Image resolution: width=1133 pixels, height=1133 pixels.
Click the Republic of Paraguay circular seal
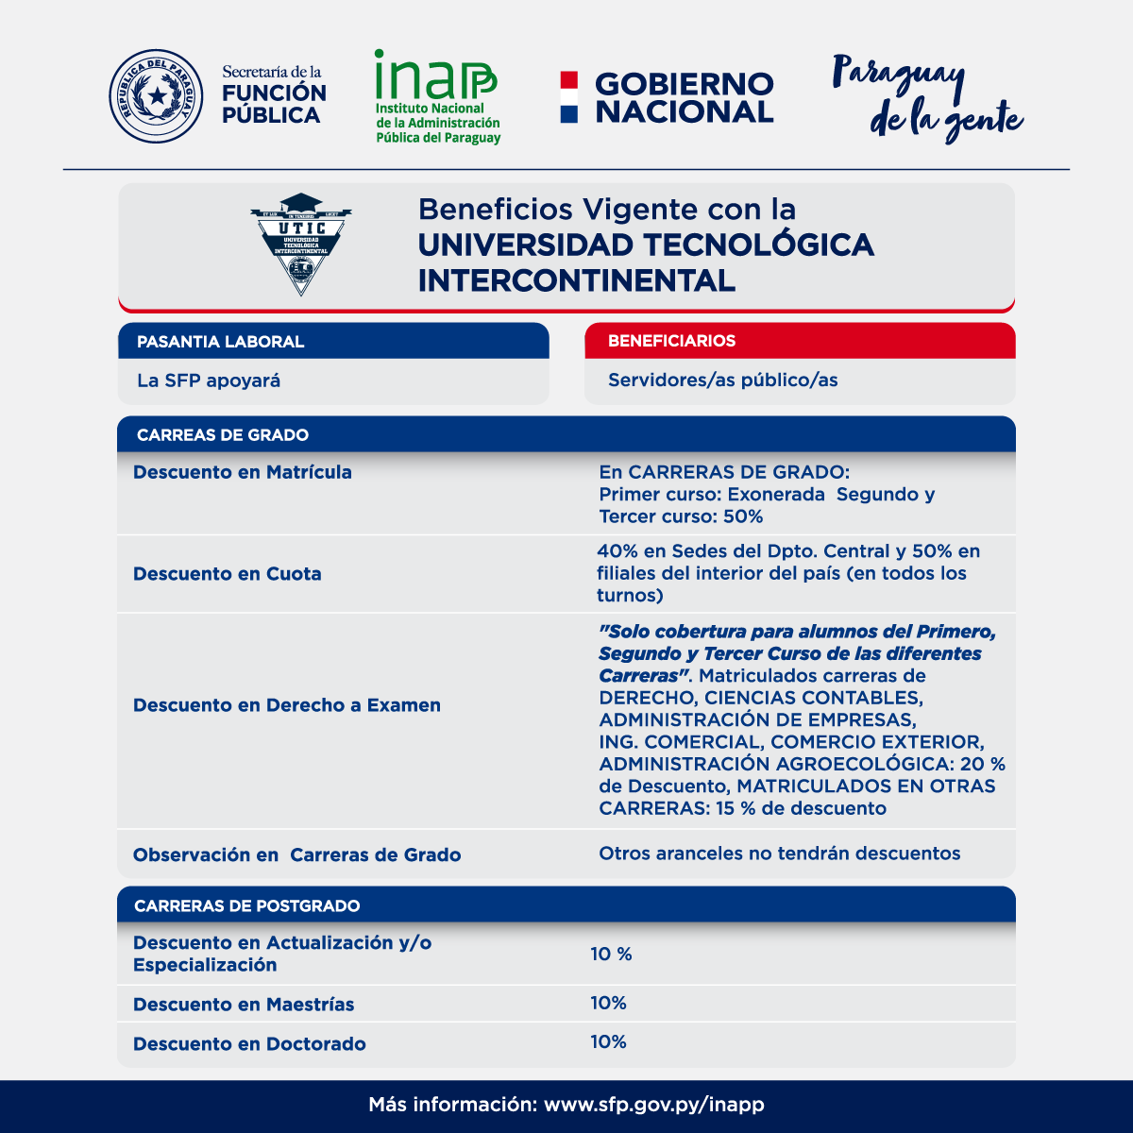coord(156,96)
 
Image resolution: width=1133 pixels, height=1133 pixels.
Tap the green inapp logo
coord(437,96)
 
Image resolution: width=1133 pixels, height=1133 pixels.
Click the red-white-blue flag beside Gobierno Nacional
coord(568,97)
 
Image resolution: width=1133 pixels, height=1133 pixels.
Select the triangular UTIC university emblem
coord(301,244)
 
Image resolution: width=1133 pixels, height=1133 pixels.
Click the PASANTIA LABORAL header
coord(220,342)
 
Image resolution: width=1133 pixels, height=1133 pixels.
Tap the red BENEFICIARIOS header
coord(671,341)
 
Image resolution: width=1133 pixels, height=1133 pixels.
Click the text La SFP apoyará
coord(209,381)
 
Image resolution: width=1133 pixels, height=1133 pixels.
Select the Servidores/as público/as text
coord(722,380)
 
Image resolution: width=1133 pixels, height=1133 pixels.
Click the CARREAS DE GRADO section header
coord(223,435)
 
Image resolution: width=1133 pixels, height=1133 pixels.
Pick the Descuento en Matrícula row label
coord(243,472)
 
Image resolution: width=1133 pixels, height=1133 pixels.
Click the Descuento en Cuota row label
coord(228,574)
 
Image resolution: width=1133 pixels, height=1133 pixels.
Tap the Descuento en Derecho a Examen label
coord(287,705)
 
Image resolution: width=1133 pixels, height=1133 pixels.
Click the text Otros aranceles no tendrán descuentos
coord(779,854)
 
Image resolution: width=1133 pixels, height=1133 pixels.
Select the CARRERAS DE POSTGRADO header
coord(247,906)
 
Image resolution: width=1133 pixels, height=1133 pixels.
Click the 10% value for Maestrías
coord(608,1003)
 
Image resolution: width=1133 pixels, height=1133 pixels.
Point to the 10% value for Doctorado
coord(608,1041)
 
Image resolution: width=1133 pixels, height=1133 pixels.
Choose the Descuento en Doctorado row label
coord(249,1044)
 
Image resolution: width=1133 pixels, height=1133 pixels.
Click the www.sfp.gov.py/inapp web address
coord(654,1105)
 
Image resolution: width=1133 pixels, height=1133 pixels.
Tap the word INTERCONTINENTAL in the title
coord(576,280)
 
